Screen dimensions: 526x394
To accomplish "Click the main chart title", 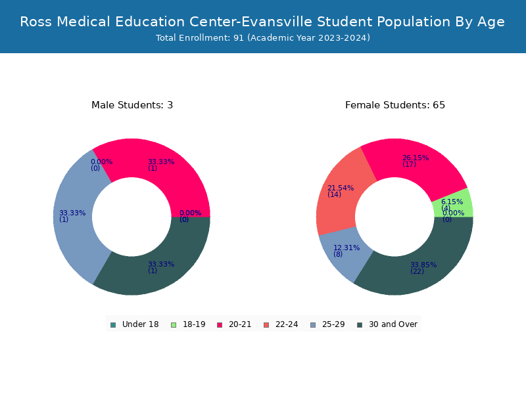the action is pos(262,22).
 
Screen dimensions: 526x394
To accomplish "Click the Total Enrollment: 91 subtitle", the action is pos(263,38).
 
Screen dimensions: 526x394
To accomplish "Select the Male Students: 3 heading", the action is pos(132,105).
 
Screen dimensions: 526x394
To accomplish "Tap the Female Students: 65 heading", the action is pos(395,105).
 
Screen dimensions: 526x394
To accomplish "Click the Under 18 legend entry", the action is pos(135,324).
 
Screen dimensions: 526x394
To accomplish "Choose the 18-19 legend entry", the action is pos(188,324).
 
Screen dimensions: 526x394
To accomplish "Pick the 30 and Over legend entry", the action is pos(387,324).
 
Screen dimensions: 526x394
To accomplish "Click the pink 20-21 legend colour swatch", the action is pos(220,325).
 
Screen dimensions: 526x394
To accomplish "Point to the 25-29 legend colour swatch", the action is pos(313,325).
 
